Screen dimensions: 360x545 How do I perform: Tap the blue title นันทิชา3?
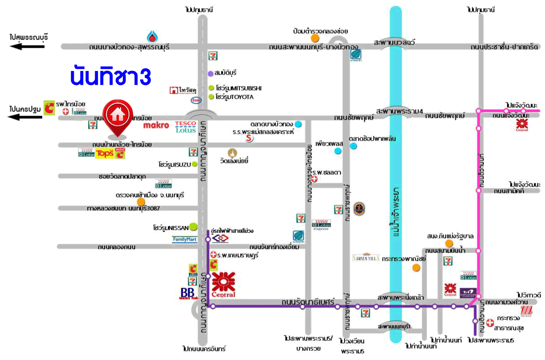tap(111, 76)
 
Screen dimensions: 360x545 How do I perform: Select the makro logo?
tap(156, 125)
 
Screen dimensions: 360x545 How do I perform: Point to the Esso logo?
tap(196, 99)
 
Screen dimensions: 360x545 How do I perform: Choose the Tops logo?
tap(104, 154)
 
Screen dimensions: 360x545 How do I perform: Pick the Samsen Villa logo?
tap(366, 258)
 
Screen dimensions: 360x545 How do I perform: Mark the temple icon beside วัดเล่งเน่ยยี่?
tap(233, 152)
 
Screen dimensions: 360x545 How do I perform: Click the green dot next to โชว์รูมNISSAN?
tap(194, 226)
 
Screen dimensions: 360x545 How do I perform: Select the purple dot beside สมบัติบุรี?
tap(210, 73)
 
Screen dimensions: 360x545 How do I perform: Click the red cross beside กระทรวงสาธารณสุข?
tap(490, 322)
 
